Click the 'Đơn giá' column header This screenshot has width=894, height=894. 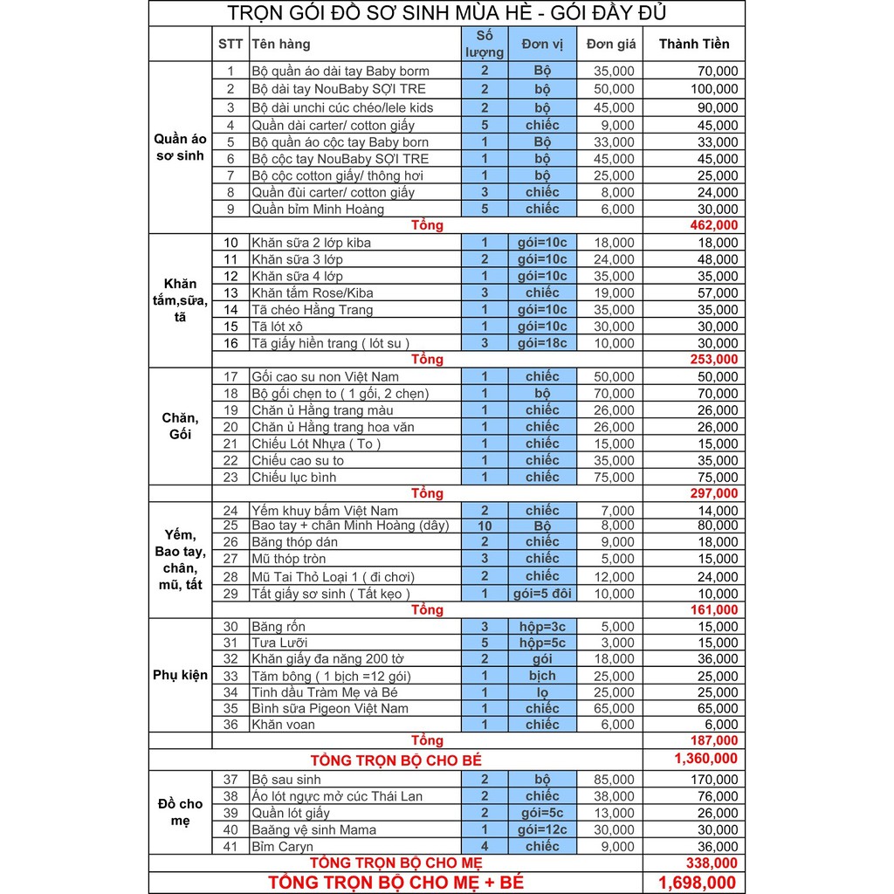coord(611,44)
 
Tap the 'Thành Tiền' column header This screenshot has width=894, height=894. coord(694,44)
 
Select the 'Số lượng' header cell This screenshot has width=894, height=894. coord(485,44)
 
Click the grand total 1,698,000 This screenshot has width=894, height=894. coord(697,882)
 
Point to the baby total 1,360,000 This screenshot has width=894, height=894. coord(705,759)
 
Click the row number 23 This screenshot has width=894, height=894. coord(230,477)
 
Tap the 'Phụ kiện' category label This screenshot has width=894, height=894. coord(181,675)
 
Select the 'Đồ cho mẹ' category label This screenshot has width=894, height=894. coord(181,812)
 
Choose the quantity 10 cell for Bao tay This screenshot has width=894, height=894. coord(485,526)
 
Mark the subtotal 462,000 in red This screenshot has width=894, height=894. coord(712,225)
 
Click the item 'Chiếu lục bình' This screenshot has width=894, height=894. coord(293,477)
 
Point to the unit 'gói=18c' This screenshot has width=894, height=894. coord(542,343)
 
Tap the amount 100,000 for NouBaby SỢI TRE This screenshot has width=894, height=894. coord(714,89)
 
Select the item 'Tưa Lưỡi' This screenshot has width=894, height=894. coord(279,643)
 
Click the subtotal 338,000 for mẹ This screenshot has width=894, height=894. coord(712,863)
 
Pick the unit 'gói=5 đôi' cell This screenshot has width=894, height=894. coord(542,594)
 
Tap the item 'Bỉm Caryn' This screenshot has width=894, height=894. coord(283,846)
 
